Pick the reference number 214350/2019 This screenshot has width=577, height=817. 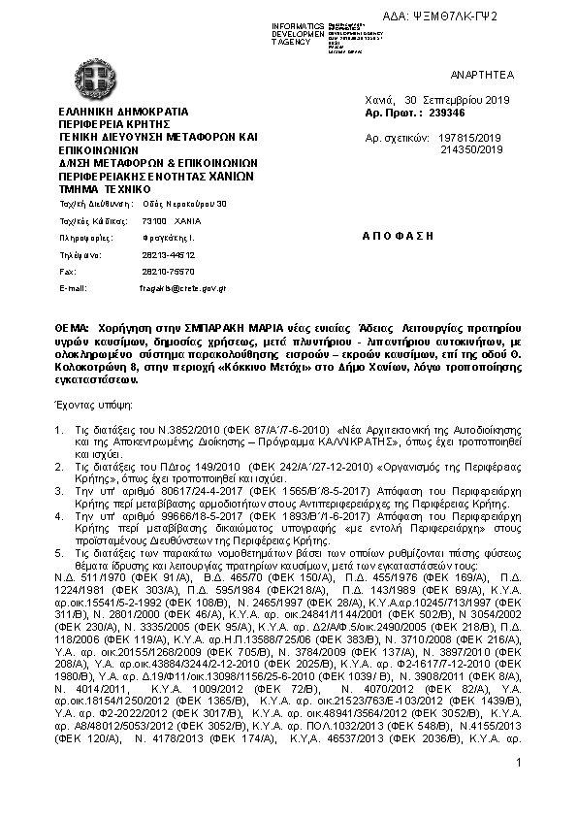470,150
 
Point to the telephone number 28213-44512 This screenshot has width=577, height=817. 147,255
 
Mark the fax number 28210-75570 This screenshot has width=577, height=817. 147,272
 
